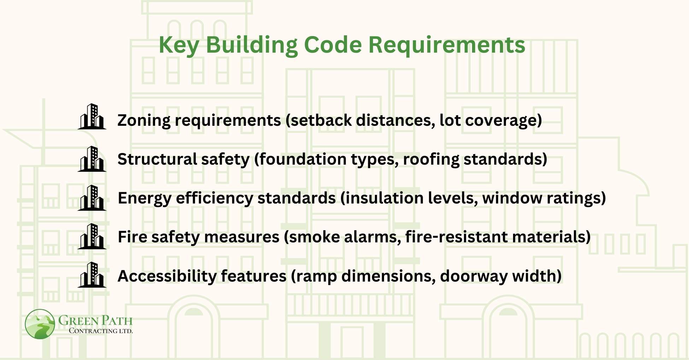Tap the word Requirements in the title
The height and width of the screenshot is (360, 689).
click(x=447, y=45)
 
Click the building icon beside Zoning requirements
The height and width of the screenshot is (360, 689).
click(x=92, y=117)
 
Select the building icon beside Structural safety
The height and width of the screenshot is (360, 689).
click(x=92, y=159)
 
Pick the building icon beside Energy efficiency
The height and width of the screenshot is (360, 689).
click(x=92, y=198)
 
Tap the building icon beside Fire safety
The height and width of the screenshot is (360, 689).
click(x=92, y=236)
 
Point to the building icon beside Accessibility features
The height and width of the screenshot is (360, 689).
click(x=92, y=275)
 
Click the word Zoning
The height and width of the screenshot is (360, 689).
click(x=144, y=120)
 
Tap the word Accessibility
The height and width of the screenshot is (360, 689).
click(x=166, y=276)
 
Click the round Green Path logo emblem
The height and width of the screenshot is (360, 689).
click(x=40, y=324)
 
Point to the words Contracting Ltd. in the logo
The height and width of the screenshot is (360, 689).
click(x=101, y=331)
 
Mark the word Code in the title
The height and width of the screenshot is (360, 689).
click(x=333, y=45)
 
